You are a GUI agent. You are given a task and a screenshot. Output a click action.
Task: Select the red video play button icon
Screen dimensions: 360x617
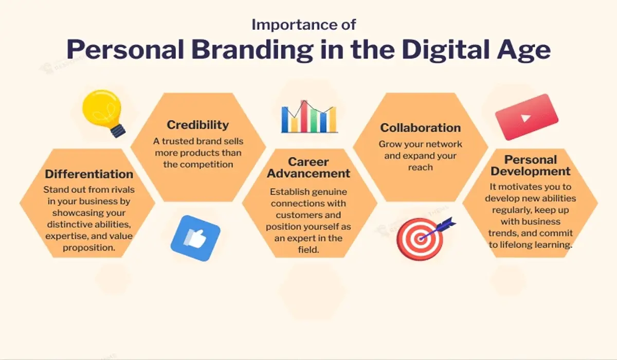[x=526, y=117]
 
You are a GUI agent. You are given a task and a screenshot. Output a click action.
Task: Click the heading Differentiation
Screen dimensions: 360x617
[x=89, y=174]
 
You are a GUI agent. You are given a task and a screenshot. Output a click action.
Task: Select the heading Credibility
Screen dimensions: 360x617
[x=198, y=125]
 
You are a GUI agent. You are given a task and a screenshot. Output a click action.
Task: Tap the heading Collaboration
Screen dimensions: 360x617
[x=421, y=128]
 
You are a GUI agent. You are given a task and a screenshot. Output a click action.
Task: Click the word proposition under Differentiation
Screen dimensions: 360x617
[x=88, y=248]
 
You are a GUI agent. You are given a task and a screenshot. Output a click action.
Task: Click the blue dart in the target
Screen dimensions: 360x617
[x=443, y=225]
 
